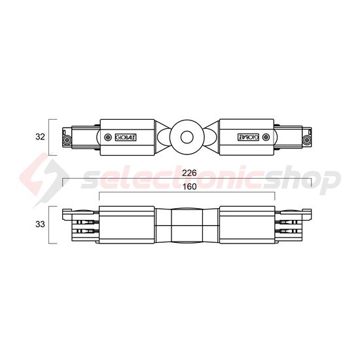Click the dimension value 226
190,173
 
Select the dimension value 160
190,187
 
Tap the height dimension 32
40,137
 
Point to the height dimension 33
40,225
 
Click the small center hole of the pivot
187,137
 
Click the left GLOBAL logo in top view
126,137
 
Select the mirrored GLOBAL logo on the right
248,137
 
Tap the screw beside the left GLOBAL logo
108,137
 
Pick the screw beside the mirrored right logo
266,137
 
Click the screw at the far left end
67,139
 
